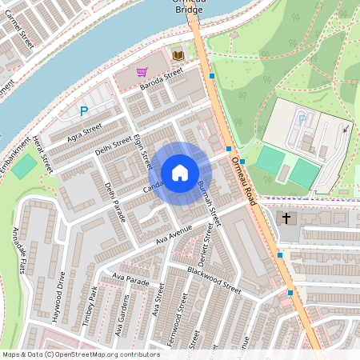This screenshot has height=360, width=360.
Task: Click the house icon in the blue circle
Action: coord(180,172)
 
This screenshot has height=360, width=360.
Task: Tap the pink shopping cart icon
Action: coord(142,71)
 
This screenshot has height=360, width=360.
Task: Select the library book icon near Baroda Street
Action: coord(178,54)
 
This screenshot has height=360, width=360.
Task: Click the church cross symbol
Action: coord(286,218)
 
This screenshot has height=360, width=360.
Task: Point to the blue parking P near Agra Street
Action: coord(83,112)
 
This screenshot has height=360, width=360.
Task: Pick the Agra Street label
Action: coord(86,132)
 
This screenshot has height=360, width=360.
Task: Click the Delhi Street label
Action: coord(112,145)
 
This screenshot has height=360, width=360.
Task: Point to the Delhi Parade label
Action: coord(115,201)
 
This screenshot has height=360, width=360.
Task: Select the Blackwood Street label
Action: coord(214,278)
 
